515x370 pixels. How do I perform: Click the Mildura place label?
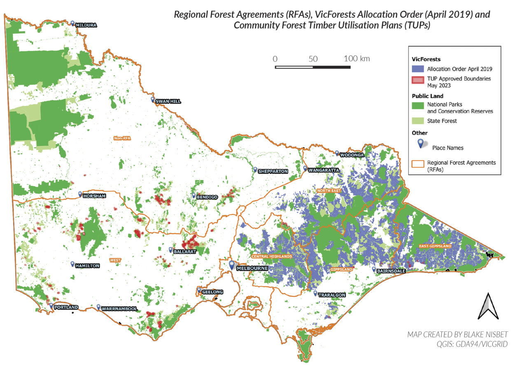[x=86, y=25]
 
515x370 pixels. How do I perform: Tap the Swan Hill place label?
[x=168, y=101]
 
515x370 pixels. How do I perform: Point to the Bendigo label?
[x=207, y=197]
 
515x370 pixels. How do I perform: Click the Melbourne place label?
[x=252, y=268]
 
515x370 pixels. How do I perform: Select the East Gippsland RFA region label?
[x=435, y=246]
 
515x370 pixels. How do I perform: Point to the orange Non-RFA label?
[x=122, y=139]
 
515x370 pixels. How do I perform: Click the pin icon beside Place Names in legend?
[x=421, y=143]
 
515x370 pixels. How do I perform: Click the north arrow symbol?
[x=487, y=306]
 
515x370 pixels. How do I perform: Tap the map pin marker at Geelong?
[x=199, y=290]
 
